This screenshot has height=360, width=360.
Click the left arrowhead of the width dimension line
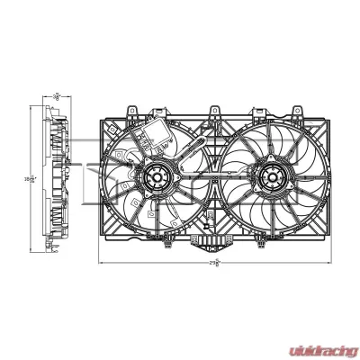coord(101,265)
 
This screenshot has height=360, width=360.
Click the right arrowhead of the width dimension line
coord(326,265)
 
